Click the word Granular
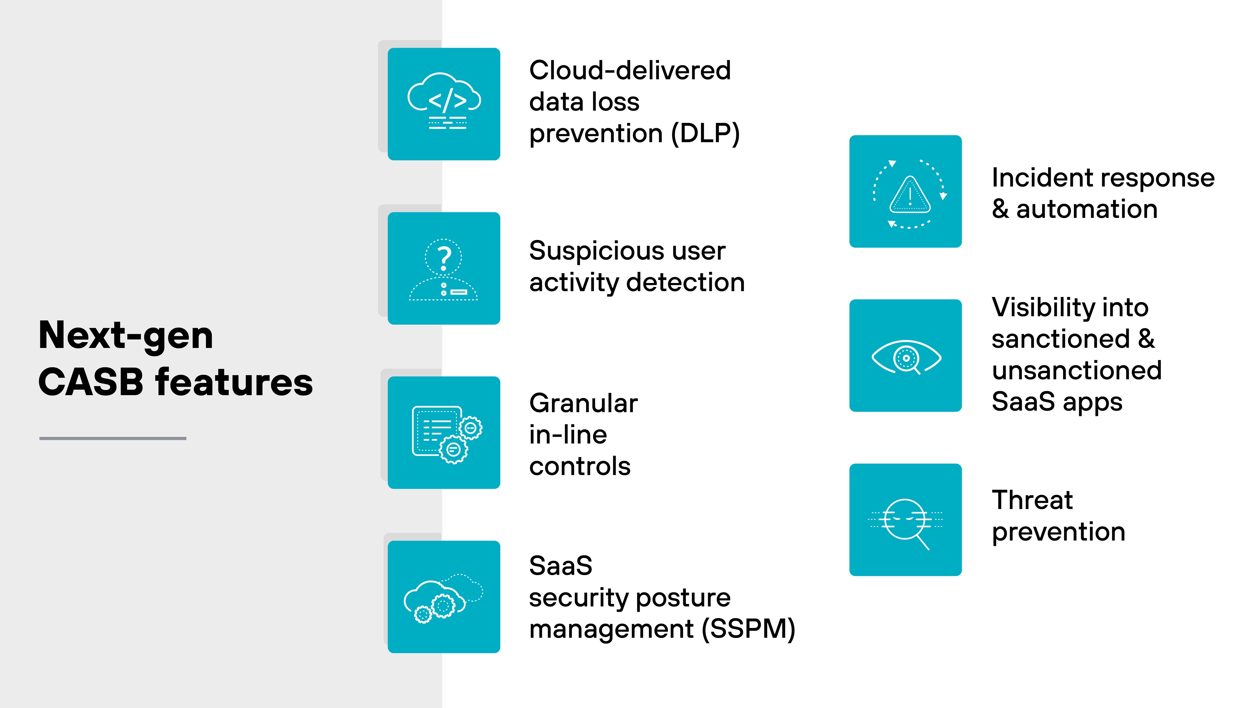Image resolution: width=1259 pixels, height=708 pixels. [584, 404]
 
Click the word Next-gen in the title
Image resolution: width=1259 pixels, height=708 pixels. [126, 336]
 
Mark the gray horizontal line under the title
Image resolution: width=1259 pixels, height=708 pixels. [113, 438]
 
